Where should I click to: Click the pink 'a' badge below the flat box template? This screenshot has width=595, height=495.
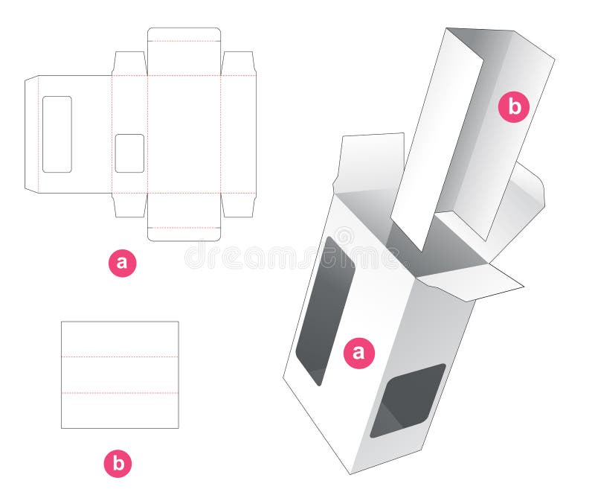tap(123, 263)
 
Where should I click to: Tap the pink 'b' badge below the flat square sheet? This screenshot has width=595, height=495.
tap(118, 464)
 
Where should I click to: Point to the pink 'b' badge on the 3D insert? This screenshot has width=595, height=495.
tap(514, 107)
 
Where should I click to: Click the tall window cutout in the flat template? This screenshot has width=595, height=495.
tap(57, 134)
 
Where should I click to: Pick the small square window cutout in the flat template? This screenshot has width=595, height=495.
tap(129, 153)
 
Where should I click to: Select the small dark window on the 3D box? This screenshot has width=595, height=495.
tap(408, 399)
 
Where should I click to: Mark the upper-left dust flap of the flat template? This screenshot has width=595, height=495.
tap(129, 63)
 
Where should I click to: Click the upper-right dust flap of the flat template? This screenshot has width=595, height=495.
tap(238, 63)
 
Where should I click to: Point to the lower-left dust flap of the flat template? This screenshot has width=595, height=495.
tap(129, 205)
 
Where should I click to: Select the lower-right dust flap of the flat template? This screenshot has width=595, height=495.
tap(238, 205)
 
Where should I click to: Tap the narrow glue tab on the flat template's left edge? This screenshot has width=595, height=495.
tap(31, 134)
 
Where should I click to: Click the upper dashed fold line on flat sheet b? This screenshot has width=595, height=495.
tap(120, 357)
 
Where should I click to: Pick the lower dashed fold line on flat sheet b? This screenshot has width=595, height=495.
tap(120, 392)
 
